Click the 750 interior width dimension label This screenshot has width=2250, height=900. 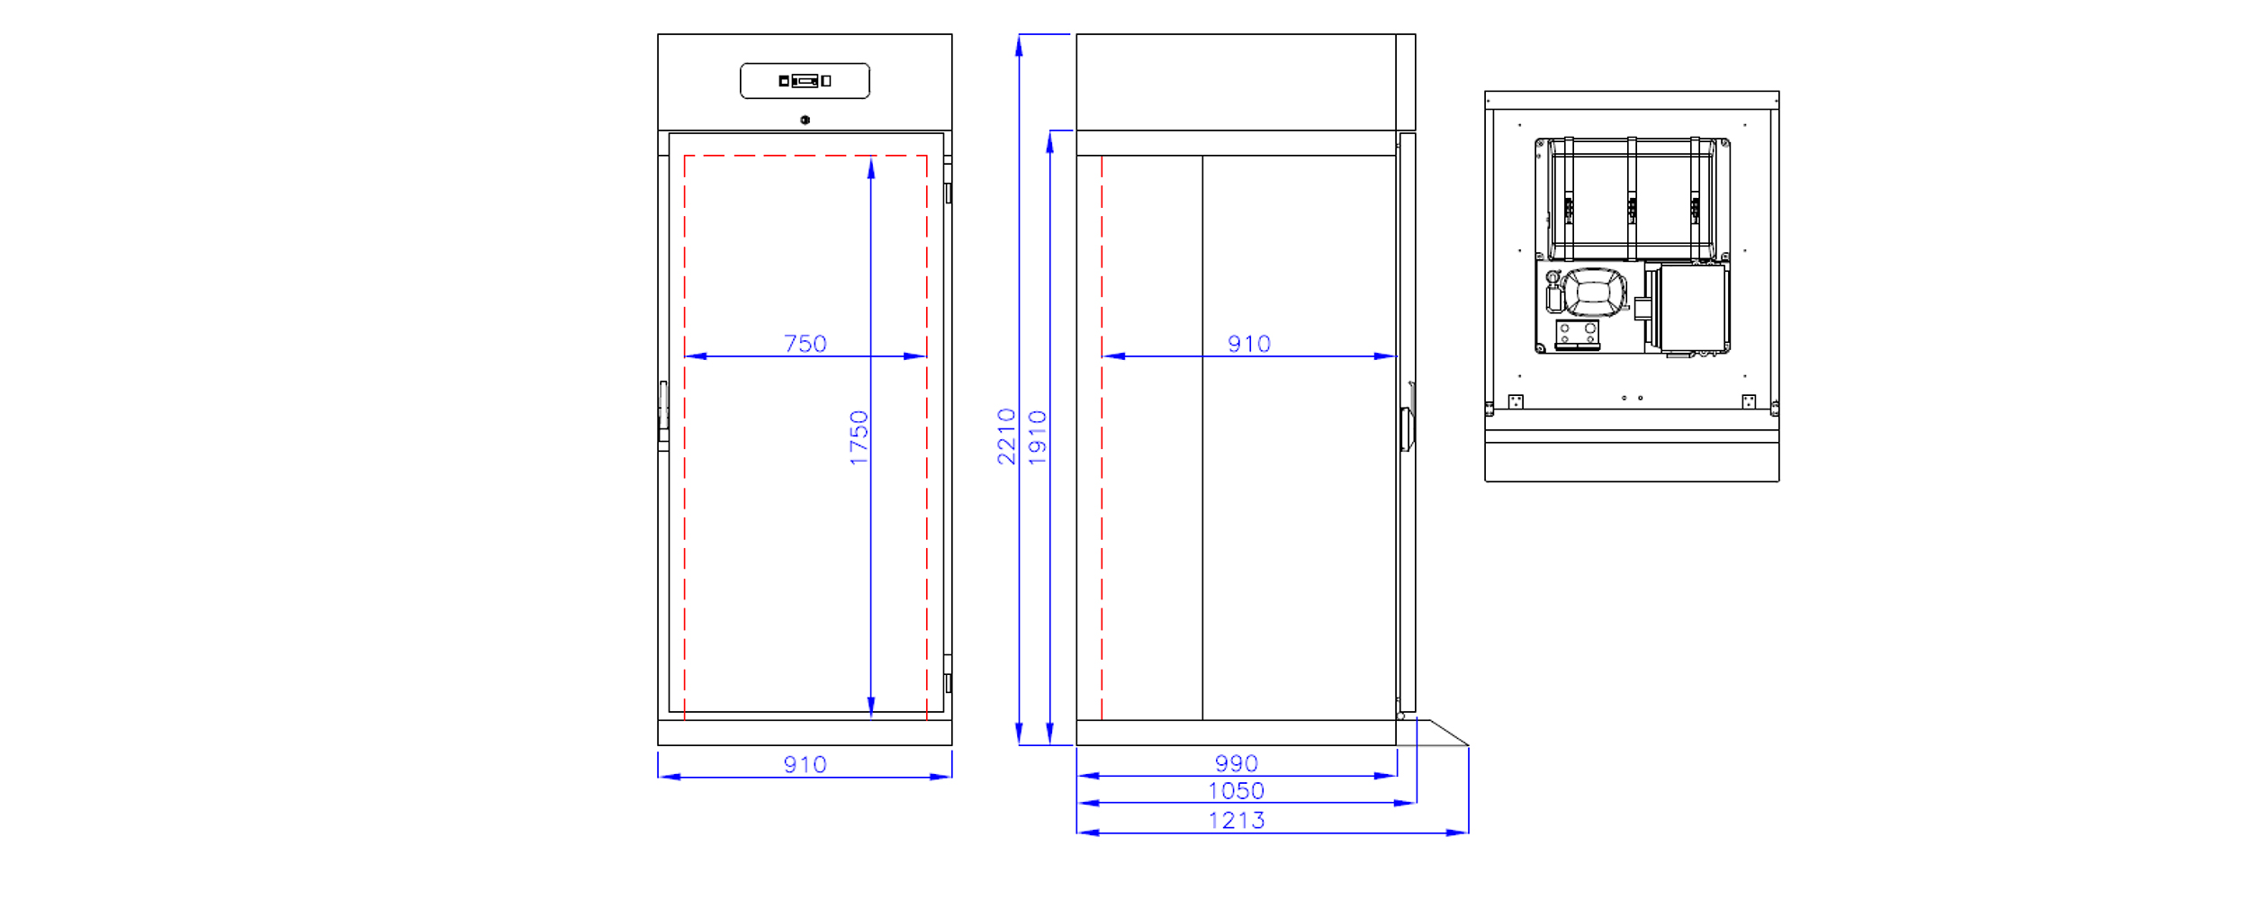[x=805, y=344]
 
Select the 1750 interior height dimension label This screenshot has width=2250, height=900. [x=859, y=438]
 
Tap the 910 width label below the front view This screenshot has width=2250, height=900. [x=805, y=765]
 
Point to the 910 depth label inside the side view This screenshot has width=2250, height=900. [x=1249, y=344]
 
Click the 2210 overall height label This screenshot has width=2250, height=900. [x=1006, y=436]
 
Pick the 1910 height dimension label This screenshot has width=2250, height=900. [x=1038, y=437]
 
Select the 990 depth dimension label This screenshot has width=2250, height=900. [x=1237, y=764]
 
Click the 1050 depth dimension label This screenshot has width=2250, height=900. [x=1237, y=791]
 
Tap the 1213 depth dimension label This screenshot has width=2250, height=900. [x=1237, y=821]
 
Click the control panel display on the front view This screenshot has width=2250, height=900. [x=805, y=81]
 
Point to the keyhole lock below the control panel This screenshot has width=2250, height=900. [x=805, y=120]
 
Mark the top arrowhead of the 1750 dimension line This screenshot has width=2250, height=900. [x=871, y=167]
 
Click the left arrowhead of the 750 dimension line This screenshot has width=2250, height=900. [x=696, y=356]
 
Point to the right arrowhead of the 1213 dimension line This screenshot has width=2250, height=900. [x=1457, y=833]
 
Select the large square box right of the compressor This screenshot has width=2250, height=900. [x=1694, y=307]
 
